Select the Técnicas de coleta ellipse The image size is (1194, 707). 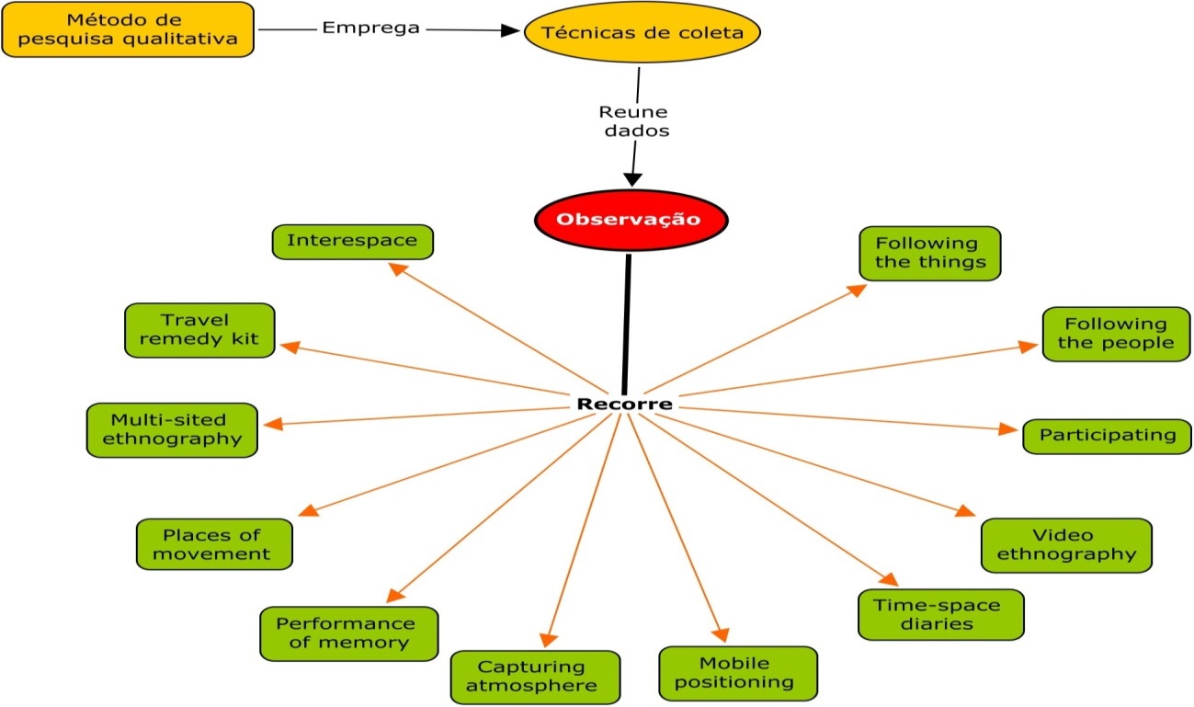[x=644, y=33]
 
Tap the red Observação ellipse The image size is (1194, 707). [x=631, y=220]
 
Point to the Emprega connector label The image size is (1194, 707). [x=371, y=28]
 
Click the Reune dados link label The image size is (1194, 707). [x=634, y=121]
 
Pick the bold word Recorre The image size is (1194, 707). [x=624, y=405]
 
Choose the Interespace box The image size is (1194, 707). [x=353, y=242]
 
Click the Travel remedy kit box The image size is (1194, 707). [x=199, y=330]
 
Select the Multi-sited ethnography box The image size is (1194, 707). [x=172, y=428]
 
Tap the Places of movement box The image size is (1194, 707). [x=214, y=544]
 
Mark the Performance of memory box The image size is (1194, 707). [x=349, y=633]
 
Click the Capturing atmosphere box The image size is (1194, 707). [x=531, y=677]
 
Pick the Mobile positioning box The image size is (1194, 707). [x=738, y=673]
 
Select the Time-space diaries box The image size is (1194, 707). [x=940, y=614]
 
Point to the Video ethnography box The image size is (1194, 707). [x=1066, y=545]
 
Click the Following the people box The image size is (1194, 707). [x=1116, y=334]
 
